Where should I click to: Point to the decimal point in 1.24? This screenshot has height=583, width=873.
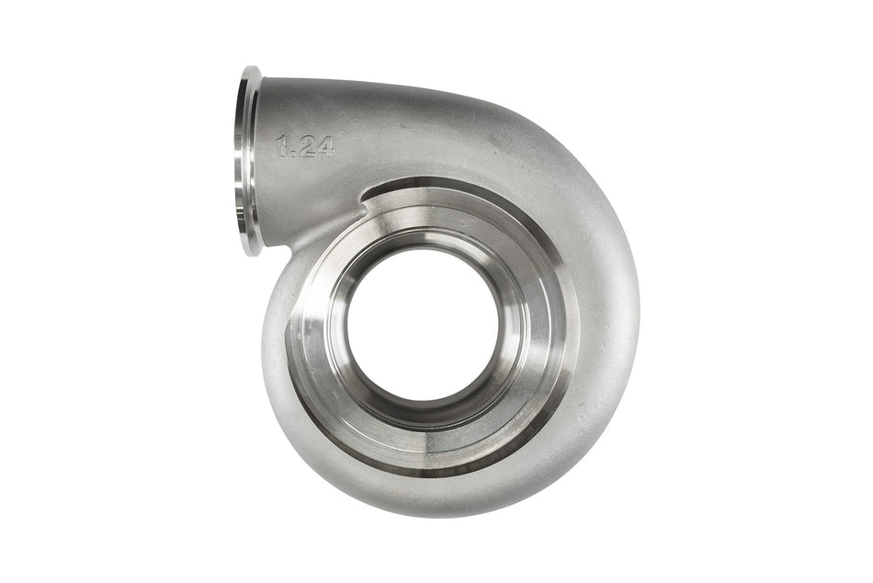(293, 154)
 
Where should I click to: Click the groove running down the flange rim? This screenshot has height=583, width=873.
(242, 161)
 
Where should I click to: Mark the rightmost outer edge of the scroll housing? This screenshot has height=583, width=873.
(639, 303)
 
